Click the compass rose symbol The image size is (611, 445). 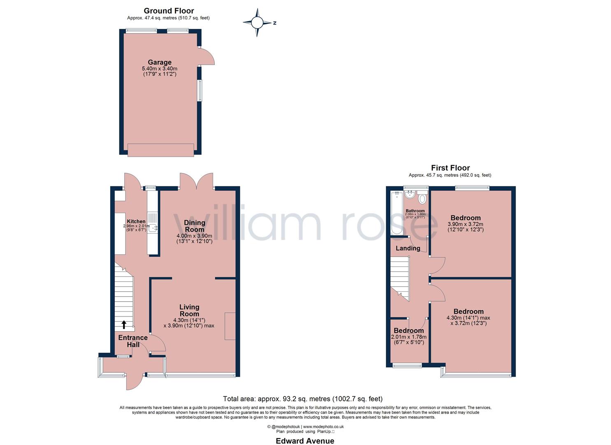(258, 23)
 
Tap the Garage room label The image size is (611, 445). (160, 63)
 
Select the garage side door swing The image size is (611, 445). (207, 57)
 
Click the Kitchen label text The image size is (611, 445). (136, 222)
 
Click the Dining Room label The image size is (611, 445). (194, 226)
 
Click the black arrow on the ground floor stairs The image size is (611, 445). (124, 325)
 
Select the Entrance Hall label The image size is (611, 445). (133, 341)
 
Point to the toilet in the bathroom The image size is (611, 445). (422, 199)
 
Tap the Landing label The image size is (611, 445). (408, 248)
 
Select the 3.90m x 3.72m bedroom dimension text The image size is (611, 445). (465, 227)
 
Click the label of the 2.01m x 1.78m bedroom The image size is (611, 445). (409, 331)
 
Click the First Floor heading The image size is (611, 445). (450, 168)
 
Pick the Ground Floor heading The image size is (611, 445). (168, 11)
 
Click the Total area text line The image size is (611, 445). (302, 399)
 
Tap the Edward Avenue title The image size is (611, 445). (305, 441)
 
